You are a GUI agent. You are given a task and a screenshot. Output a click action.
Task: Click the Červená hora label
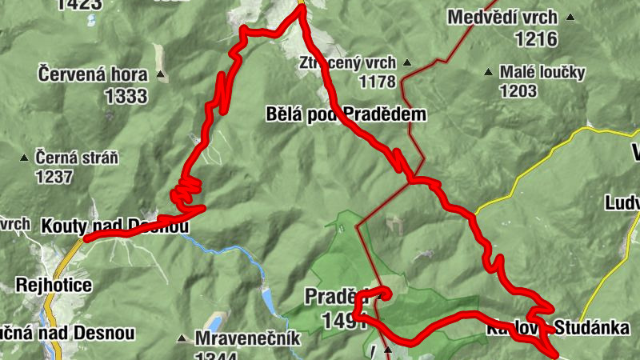click(92, 75)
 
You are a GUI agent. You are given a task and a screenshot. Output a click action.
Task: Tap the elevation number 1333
click(126, 97)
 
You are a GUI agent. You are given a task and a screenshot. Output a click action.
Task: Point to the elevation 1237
click(54, 177)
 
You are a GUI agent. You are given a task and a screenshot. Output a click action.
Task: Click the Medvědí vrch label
click(503, 17)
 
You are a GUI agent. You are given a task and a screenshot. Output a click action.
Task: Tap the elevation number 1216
click(536, 38)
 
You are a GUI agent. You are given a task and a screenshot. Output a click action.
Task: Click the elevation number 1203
click(518, 90)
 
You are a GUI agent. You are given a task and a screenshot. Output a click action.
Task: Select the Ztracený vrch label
click(348, 62)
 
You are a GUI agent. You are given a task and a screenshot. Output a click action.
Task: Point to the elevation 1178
click(378, 81)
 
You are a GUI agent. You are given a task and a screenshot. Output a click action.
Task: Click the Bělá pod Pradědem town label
click(346, 114)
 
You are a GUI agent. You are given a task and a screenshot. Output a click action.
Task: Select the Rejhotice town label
click(54, 285)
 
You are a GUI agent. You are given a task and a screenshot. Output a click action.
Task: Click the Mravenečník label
click(248, 338)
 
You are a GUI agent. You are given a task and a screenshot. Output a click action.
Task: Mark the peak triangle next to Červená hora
click(161, 76)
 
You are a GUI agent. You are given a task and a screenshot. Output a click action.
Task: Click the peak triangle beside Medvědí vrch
click(570, 18)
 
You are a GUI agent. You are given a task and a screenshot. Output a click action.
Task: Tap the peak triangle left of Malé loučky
click(488, 73)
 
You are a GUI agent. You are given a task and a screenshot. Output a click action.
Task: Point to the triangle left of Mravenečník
click(184, 339)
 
